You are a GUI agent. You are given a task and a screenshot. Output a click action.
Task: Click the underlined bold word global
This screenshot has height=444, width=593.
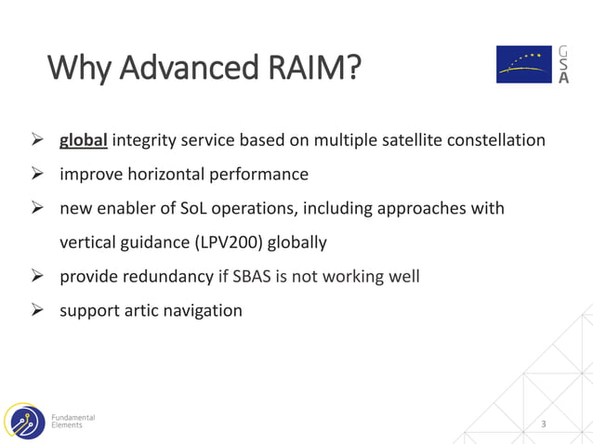point(84,141)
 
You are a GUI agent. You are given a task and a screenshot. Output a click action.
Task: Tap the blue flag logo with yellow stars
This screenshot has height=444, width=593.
point(524,64)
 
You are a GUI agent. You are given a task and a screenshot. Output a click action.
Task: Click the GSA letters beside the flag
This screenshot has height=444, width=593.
point(564,64)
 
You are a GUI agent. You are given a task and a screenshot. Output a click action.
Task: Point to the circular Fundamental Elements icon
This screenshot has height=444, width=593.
point(23,421)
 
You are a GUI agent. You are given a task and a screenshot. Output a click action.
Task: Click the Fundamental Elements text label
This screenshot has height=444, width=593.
point(72,421)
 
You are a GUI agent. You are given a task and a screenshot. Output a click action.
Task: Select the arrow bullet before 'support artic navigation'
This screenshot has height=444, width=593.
point(38,310)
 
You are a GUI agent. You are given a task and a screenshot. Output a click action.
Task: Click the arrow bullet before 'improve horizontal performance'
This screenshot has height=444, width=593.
point(38,175)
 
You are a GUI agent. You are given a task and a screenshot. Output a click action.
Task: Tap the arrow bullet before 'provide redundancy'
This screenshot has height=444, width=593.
point(38,276)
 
